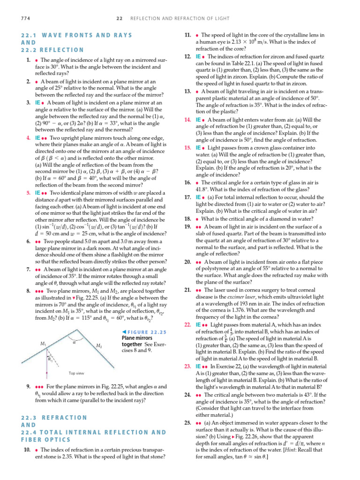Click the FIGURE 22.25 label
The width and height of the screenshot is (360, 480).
pyautogui.click(x=141, y=331)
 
